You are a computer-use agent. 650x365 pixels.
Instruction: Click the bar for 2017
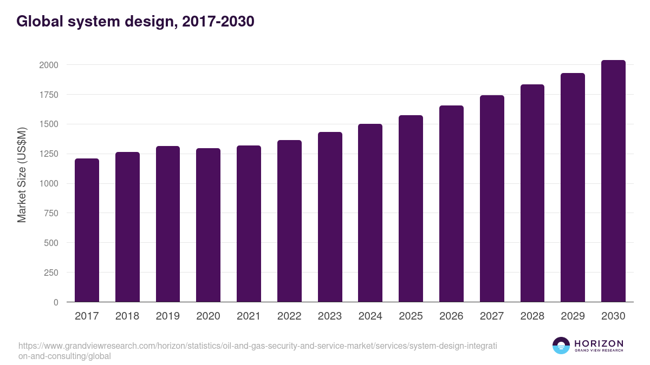pos(87,230)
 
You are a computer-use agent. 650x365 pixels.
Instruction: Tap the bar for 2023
pos(330,217)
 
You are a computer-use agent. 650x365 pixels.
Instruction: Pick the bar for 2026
pos(451,204)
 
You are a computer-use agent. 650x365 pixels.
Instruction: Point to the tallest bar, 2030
pos(613,181)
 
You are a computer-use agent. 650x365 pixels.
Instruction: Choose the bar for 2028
pos(532,193)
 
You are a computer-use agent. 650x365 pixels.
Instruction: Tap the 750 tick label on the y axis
pos(51,213)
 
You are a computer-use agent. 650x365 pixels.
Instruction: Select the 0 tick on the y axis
pos(56,302)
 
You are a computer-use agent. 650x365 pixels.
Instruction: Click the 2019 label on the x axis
pos(167,316)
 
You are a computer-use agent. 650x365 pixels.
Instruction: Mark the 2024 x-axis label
pos(370,316)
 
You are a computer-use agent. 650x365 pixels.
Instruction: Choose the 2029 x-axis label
pos(573,316)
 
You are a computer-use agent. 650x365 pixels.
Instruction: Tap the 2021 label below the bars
pos(249,316)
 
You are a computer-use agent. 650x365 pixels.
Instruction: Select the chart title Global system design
pos(135,22)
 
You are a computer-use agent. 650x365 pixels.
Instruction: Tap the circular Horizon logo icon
pos(561,346)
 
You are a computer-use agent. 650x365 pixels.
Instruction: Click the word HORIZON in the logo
pos(599,343)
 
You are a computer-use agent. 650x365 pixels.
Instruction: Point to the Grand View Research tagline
pos(599,351)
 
